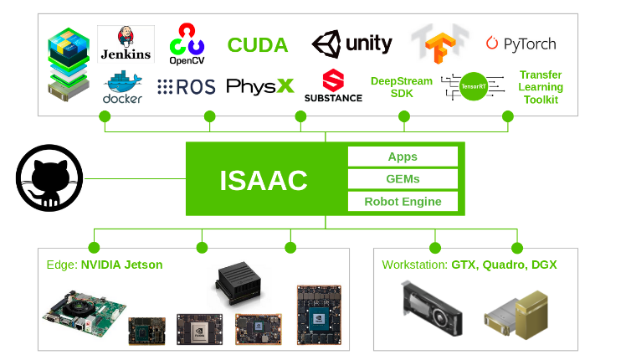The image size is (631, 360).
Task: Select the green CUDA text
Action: tap(258, 44)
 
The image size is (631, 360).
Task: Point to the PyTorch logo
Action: tap(521, 44)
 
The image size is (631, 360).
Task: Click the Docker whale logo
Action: tap(122, 87)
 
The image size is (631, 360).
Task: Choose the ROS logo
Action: tap(186, 86)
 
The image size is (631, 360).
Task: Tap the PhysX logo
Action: tap(260, 86)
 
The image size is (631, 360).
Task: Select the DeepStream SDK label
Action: tap(402, 87)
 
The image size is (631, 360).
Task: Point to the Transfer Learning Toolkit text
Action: tap(541, 87)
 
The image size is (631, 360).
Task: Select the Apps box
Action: tap(403, 157)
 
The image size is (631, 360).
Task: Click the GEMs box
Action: tap(403, 178)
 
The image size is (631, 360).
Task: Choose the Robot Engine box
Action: tap(403, 202)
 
